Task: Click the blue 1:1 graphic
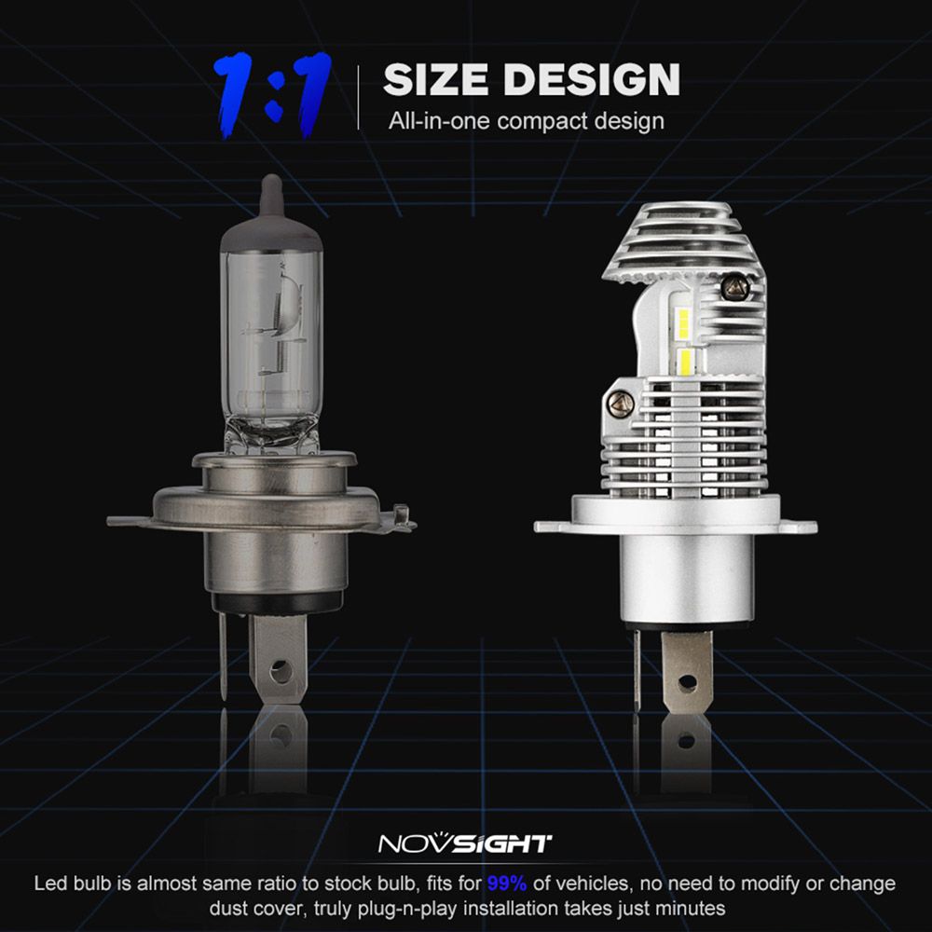pyautogui.click(x=272, y=95)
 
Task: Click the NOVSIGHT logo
pyautogui.click(x=465, y=843)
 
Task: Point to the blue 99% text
pyautogui.click(x=506, y=884)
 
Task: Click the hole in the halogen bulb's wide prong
pyautogui.click(x=278, y=672)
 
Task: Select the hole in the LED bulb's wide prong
pyautogui.click(x=687, y=682)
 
